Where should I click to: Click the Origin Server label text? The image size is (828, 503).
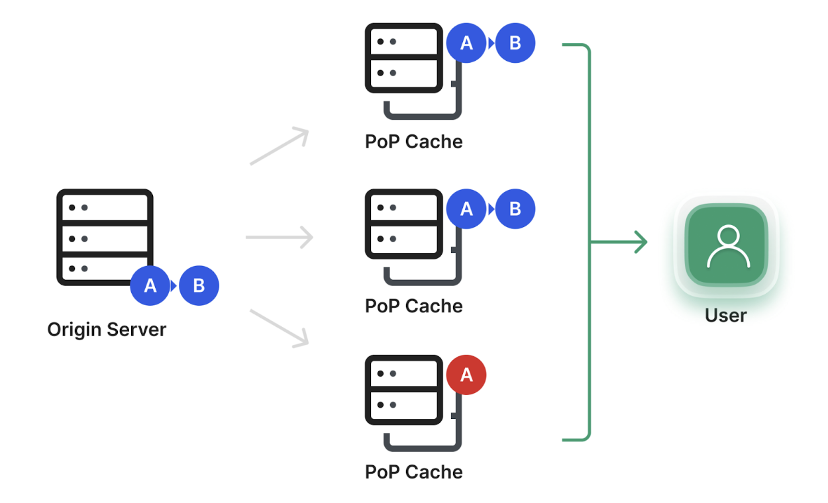click(x=107, y=329)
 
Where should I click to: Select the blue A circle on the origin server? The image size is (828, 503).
click(x=150, y=286)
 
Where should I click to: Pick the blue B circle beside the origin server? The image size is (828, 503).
click(x=199, y=286)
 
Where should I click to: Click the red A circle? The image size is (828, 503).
click(x=466, y=375)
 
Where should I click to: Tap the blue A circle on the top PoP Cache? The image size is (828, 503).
click(x=466, y=43)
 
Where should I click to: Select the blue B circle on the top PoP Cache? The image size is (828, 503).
click(x=515, y=43)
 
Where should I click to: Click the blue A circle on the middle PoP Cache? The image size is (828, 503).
click(x=466, y=209)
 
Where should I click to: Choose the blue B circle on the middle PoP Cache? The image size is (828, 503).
click(x=515, y=209)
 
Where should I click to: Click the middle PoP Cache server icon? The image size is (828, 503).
click(x=404, y=224)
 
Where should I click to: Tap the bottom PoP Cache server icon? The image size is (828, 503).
click(x=404, y=390)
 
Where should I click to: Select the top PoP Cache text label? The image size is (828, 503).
click(x=413, y=142)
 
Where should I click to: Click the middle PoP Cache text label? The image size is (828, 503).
click(x=413, y=306)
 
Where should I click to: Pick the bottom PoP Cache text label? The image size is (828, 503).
click(x=413, y=472)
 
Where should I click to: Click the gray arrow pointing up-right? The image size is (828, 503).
click(x=280, y=146)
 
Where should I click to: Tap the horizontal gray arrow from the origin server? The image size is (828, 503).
click(x=279, y=237)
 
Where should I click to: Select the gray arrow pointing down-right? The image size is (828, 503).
click(x=280, y=328)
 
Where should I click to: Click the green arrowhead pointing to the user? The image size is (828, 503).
click(x=639, y=242)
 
